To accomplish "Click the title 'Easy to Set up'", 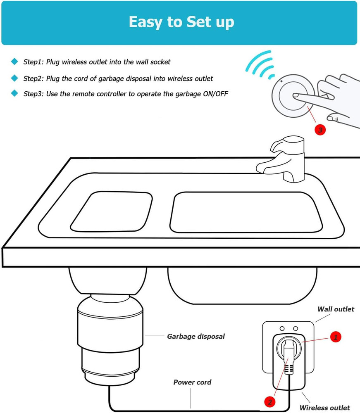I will click(181, 22).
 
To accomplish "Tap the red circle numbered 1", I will click(335, 337).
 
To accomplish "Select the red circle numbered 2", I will click(269, 401).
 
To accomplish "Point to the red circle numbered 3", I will click(320, 130).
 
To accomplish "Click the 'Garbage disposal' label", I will click(195, 337).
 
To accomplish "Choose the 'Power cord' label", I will click(192, 382).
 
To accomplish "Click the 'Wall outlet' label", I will click(336, 309).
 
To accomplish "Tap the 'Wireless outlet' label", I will click(324, 408).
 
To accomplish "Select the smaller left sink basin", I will click(112, 211).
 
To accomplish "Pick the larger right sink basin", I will click(246, 212).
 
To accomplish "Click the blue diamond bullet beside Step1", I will click(14, 62).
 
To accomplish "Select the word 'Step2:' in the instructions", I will click(33, 78).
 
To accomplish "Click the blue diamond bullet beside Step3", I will click(14, 94).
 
